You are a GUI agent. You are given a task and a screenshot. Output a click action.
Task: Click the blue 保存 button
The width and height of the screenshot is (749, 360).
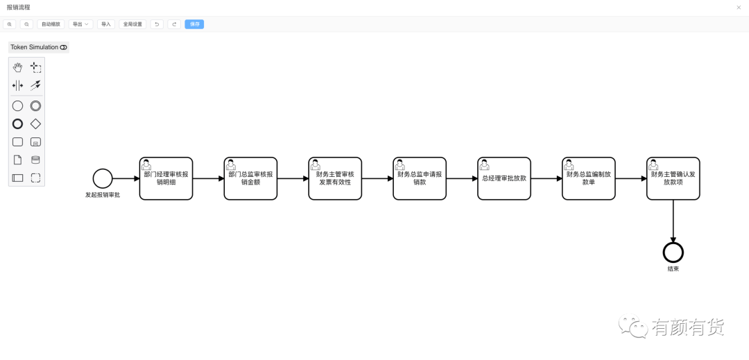click(194, 24)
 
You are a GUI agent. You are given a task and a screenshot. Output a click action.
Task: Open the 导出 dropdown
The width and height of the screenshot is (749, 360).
click(80, 24)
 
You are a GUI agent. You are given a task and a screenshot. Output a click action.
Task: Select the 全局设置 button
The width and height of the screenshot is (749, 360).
click(132, 24)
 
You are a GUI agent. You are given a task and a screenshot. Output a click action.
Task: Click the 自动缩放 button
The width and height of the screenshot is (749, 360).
click(51, 24)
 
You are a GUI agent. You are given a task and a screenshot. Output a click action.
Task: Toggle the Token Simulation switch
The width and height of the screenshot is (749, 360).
click(64, 47)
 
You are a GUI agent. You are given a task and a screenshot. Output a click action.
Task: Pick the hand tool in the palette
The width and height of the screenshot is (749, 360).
click(17, 67)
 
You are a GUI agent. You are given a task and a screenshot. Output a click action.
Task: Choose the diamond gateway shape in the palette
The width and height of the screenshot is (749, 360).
click(35, 124)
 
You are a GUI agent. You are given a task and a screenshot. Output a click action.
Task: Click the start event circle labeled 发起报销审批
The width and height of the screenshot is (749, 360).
click(103, 178)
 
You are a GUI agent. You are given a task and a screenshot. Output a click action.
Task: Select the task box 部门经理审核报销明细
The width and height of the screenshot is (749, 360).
click(166, 178)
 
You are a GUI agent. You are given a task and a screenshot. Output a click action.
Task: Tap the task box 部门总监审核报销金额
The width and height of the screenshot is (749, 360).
click(250, 178)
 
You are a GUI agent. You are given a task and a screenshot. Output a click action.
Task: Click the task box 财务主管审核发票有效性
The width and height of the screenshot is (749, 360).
click(335, 178)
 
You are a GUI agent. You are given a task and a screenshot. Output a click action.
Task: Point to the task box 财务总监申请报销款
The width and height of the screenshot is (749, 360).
click(420, 178)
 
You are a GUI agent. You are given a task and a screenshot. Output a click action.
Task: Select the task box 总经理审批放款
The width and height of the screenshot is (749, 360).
click(504, 178)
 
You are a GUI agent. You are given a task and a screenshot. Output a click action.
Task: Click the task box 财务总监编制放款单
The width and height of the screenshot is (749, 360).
click(589, 178)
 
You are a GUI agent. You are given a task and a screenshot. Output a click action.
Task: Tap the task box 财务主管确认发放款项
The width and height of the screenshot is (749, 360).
click(673, 178)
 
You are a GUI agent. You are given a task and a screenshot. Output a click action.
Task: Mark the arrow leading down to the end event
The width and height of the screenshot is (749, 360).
click(673, 221)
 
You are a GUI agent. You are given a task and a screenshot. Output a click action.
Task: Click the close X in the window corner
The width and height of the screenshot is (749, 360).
click(739, 8)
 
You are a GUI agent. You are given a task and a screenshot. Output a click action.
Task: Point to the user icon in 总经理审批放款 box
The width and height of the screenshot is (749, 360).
click(484, 164)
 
